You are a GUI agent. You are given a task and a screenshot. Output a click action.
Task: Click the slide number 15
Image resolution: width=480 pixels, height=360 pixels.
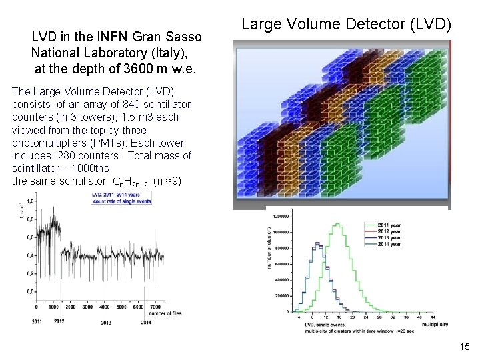(x=465, y=347)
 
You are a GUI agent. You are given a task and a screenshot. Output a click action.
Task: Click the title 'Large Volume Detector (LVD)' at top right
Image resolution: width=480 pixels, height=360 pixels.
(x=346, y=25)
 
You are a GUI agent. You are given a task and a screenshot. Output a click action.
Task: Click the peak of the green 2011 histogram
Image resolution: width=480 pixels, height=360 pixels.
(x=339, y=224)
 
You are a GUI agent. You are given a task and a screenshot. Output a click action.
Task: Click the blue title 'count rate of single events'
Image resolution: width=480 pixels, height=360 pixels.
(x=122, y=201)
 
